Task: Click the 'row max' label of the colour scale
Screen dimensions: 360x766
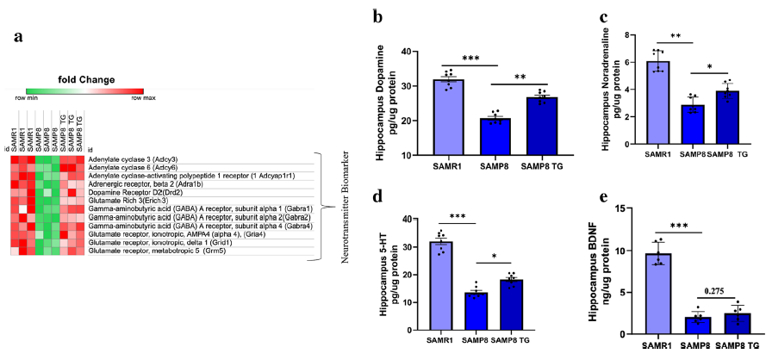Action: coord(143,98)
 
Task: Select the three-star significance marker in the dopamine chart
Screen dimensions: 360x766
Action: coord(470,58)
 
